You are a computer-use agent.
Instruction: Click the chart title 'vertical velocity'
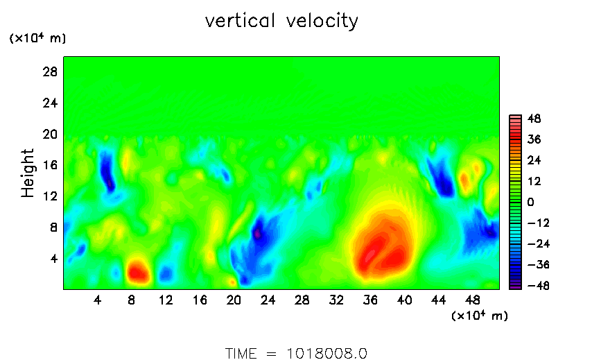click(281, 22)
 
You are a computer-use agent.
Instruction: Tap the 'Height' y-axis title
click(28, 173)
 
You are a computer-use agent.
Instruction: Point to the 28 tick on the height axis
click(50, 72)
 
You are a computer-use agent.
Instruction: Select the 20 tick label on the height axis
click(50, 134)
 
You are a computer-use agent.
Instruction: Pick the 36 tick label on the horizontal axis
click(371, 300)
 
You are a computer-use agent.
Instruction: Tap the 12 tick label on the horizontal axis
click(166, 300)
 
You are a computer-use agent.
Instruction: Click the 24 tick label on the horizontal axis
click(268, 300)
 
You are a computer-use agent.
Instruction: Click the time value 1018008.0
click(326, 353)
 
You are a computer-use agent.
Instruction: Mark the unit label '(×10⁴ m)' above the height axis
click(37, 39)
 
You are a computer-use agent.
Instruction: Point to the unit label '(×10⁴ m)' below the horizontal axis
click(480, 316)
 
